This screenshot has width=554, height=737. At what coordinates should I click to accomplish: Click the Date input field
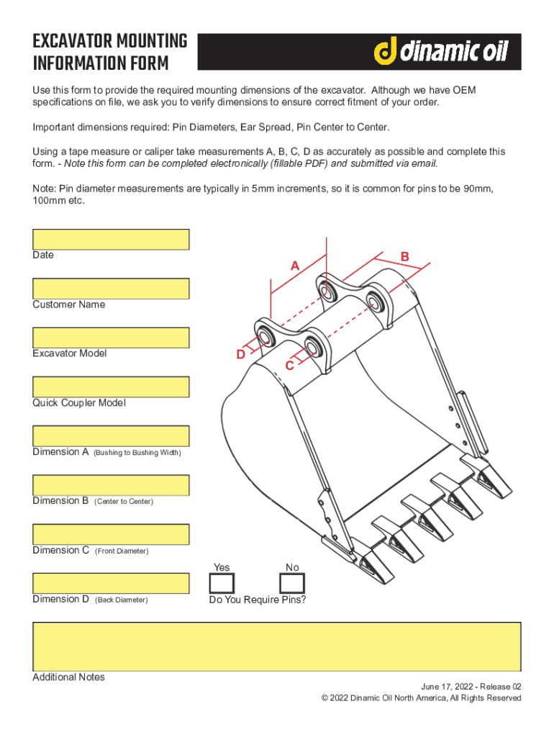point(111,240)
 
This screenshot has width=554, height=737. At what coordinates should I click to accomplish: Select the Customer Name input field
point(111,289)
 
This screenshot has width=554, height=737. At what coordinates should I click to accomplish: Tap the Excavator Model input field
point(111,338)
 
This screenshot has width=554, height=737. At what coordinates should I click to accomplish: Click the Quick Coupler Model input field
point(111,386)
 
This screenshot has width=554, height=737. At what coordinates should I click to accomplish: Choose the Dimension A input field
point(111,436)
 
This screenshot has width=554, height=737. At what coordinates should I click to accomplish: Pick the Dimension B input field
point(111,485)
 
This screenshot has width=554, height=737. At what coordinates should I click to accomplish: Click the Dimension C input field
point(111,534)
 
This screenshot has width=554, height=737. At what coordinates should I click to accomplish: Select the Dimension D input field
point(111,583)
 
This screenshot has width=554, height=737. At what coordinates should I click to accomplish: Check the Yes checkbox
point(222,583)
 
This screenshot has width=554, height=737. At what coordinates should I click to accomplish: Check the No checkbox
point(291,583)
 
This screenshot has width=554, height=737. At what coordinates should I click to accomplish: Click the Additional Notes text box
point(276,646)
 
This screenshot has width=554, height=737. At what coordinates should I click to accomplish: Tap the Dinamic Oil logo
point(440,52)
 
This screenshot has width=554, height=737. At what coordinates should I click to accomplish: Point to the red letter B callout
point(405,257)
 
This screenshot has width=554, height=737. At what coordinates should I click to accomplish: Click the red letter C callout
point(289,366)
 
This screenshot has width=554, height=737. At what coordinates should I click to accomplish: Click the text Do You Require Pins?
point(257,599)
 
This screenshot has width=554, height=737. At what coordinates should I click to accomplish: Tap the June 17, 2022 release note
point(471,687)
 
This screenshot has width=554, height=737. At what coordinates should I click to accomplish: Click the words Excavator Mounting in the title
point(110,41)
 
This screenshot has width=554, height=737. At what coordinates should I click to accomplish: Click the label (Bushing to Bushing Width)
point(137,453)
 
